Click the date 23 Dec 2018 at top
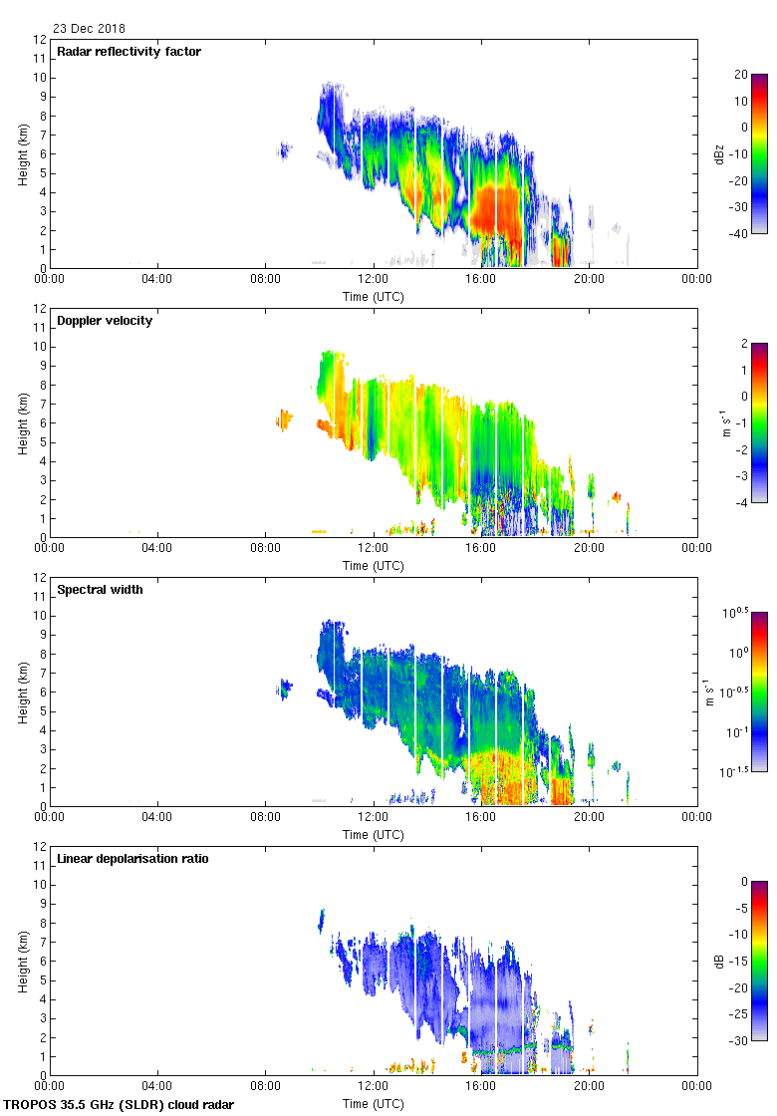pyautogui.click(x=89, y=29)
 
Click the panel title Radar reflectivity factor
pyautogui.click(x=129, y=52)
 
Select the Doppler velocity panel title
pyautogui.click(x=105, y=321)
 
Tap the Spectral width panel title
pyautogui.click(x=99, y=590)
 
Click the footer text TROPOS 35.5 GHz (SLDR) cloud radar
pyautogui.click(x=121, y=1105)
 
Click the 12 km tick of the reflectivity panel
pyautogui.click(x=40, y=40)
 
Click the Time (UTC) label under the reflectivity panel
pyautogui.click(x=374, y=296)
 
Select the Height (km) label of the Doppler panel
pyautogui.click(x=23, y=422)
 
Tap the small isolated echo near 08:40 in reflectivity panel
pyautogui.click(x=285, y=151)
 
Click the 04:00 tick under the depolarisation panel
pyautogui.click(x=157, y=1087)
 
